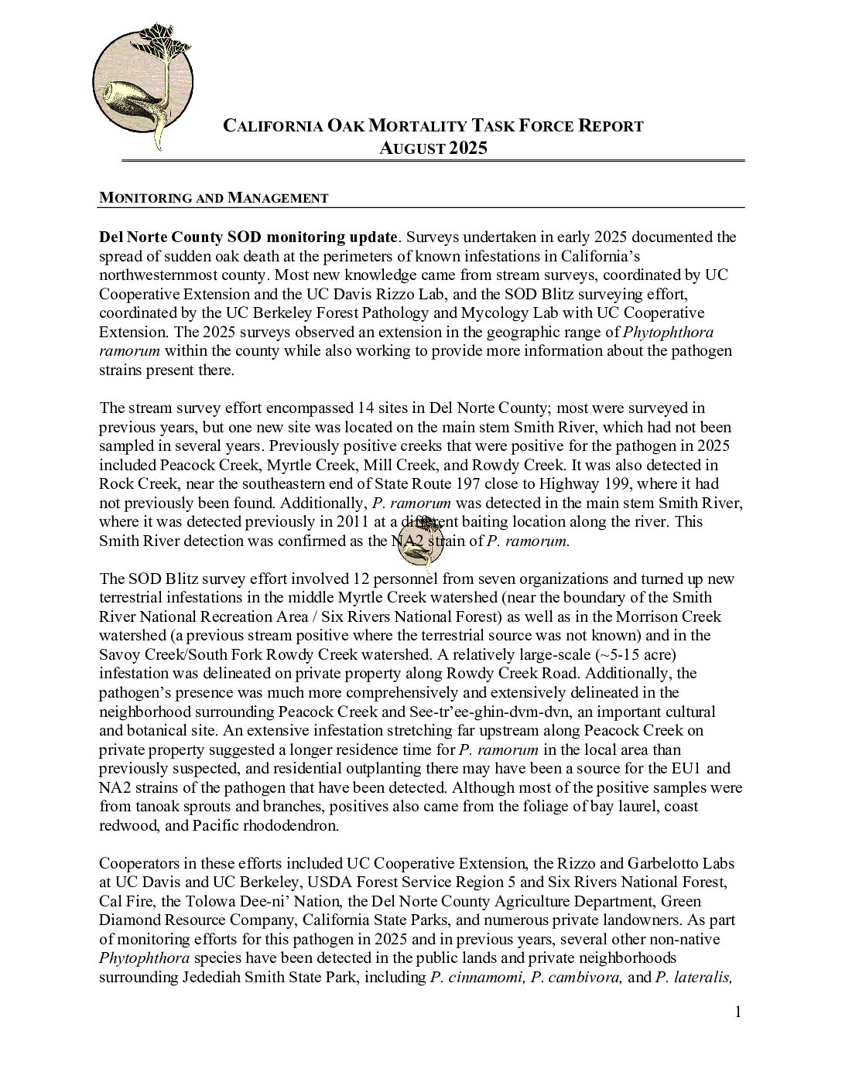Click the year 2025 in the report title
click(467, 148)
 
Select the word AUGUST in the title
click(410, 148)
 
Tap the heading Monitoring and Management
click(214, 198)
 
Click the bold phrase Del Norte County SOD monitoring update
click(248, 237)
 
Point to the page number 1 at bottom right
click(738, 1012)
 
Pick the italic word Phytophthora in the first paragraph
click(668, 332)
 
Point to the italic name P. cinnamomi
click(477, 977)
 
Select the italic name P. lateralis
click(693, 977)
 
